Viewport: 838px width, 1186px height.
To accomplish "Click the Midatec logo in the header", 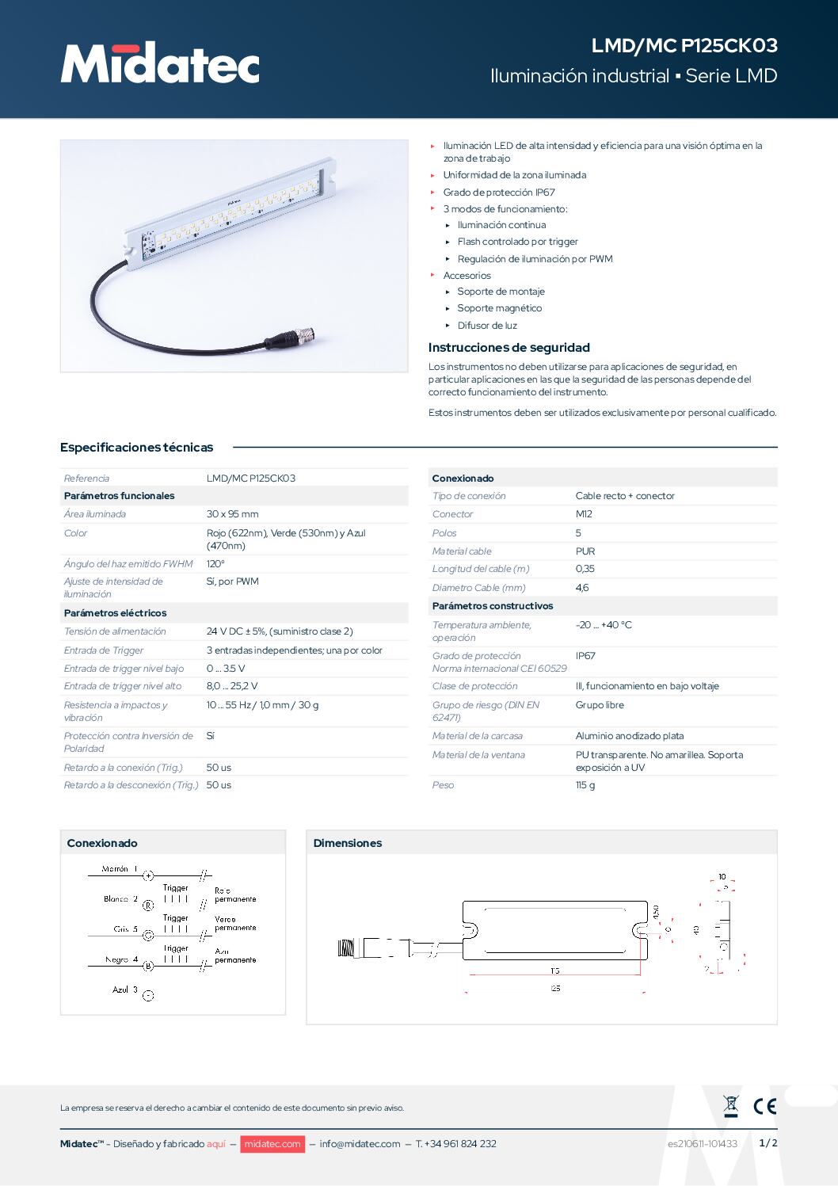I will tap(160, 63).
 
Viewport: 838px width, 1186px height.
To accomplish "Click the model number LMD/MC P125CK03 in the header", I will tap(684, 46).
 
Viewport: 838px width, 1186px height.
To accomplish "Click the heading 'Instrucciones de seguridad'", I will tap(509, 348).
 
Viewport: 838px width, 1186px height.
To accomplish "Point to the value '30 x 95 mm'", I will tap(232, 514).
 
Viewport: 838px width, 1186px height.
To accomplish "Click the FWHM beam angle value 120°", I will tap(215, 564).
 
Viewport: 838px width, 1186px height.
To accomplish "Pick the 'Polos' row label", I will tap(444, 533).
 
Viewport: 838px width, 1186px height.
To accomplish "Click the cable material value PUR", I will tap(585, 551).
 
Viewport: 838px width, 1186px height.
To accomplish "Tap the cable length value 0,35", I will tap(585, 569).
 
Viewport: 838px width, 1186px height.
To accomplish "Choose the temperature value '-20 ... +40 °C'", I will tap(604, 625).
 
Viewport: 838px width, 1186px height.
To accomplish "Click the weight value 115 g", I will tap(585, 785).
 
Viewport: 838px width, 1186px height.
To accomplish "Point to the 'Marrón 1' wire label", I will tap(120, 869).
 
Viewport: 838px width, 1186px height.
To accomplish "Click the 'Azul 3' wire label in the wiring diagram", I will tap(125, 990).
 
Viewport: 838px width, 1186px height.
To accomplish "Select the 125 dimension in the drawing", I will tap(555, 989).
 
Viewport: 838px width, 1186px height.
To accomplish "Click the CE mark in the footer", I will tap(764, 1106).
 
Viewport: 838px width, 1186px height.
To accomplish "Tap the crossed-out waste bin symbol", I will tap(731, 1106).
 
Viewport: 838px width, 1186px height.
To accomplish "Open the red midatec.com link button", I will tap(272, 1144).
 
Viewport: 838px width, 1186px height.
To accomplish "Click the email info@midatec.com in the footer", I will tap(360, 1144).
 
